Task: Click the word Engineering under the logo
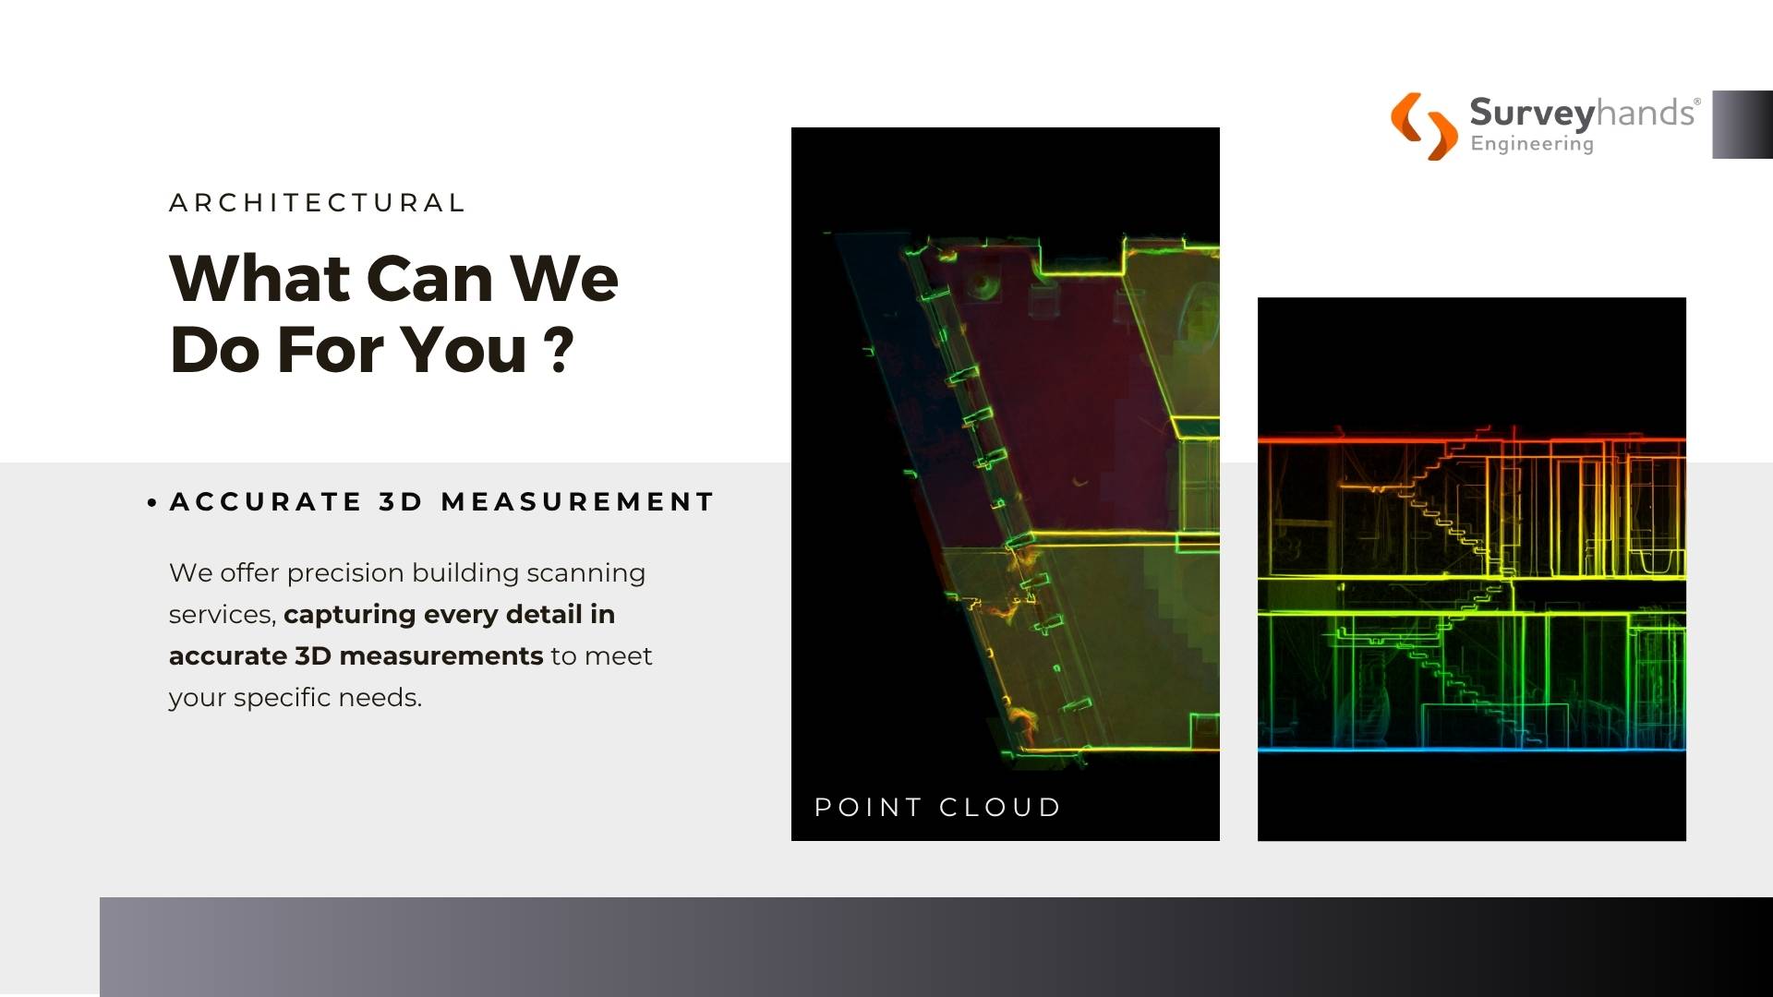pos(1532,144)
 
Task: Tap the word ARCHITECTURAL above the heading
pos(318,202)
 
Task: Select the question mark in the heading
pos(558,349)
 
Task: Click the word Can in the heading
pos(429,278)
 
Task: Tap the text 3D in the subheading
pos(401,501)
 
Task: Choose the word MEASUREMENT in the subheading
pos(578,501)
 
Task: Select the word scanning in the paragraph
pos(585,573)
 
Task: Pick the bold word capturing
pos(349,615)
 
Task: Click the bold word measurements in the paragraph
pos(440,655)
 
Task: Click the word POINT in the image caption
pos(868,807)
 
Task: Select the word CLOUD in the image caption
pos(1000,807)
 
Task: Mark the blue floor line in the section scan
pos(1472,749)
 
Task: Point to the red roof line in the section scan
pos(1472,440)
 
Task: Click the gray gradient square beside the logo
pos(1743,125)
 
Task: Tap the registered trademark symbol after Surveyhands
pos(1696,102)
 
